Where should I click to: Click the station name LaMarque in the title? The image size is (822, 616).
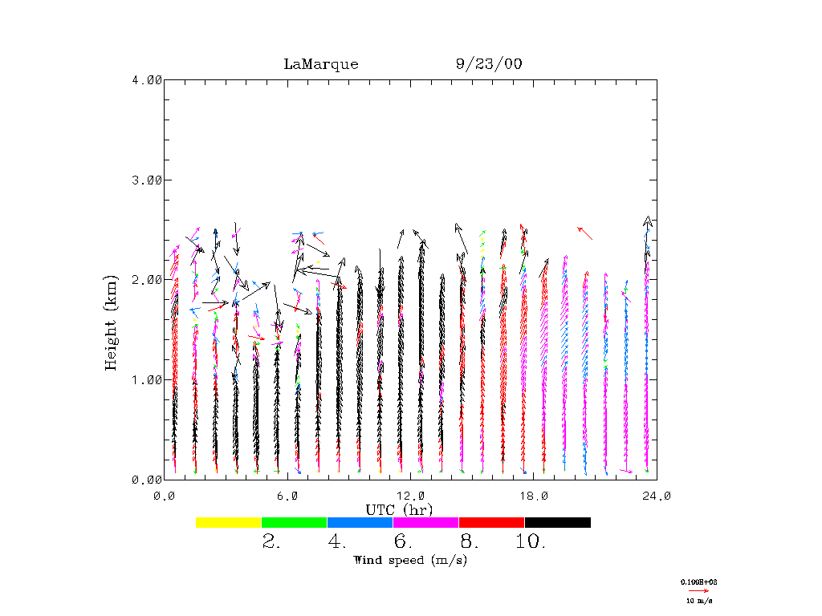click(x=321, y=64)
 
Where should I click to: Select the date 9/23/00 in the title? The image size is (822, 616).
click(x=489, y=64)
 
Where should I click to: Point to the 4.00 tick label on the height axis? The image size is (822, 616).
click(x=146, y=80)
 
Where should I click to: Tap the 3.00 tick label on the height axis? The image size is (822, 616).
click(x=146, y=180)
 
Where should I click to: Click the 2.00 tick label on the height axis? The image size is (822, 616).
click(x=146, y=280)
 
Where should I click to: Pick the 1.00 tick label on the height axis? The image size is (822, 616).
click(x=146, y=379)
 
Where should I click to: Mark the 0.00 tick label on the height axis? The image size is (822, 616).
click(x=146, y=480)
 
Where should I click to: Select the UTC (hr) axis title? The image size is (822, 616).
click(x=399, y=509)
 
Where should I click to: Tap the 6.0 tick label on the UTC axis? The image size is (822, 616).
click(x=287, y=496)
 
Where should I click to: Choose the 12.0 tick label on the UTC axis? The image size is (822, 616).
click(x=410, y=496)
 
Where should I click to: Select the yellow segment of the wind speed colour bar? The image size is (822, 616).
click(x=229, y=522)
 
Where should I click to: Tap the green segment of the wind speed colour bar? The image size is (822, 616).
click(x=295, y=522)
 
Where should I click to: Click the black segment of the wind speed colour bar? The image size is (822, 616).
click(x=558, y=522)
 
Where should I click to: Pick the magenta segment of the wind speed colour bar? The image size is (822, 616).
click(x=426, y=522)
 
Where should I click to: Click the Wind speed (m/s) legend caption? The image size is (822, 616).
click(x=410, y=560)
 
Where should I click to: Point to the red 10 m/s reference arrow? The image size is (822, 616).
click(x=698, y=590)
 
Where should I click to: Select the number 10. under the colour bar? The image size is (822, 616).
click(x=531, y=542)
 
